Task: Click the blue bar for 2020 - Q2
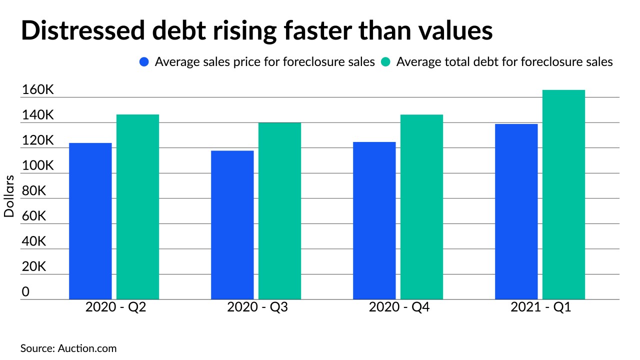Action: click(x=90, y=221)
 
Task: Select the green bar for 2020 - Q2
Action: click(x=137, y=206)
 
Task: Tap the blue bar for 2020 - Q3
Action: click(x=232, y=224)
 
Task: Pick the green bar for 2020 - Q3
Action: click(x=279, y=210)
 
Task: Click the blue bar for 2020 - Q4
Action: click(x=374, y=220)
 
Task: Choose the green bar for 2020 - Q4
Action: click(x=421, y=206)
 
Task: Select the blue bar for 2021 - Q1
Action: click(x=516, y=211)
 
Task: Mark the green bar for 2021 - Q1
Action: click(x=563, y=194)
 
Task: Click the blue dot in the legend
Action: click(x=144, y=62)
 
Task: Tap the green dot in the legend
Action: click(x=386, y=62)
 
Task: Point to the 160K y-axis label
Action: click(x=37, y=90)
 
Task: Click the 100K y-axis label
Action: click(x=37, y=166)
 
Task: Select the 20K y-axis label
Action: click(x=33, y=267)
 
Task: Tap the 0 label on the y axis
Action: click(x=25, y=292)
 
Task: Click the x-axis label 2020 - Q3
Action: click(x=257, y=307)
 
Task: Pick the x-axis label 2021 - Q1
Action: click(x=540, y=307)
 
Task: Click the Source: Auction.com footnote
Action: click(x=68, y=348)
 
